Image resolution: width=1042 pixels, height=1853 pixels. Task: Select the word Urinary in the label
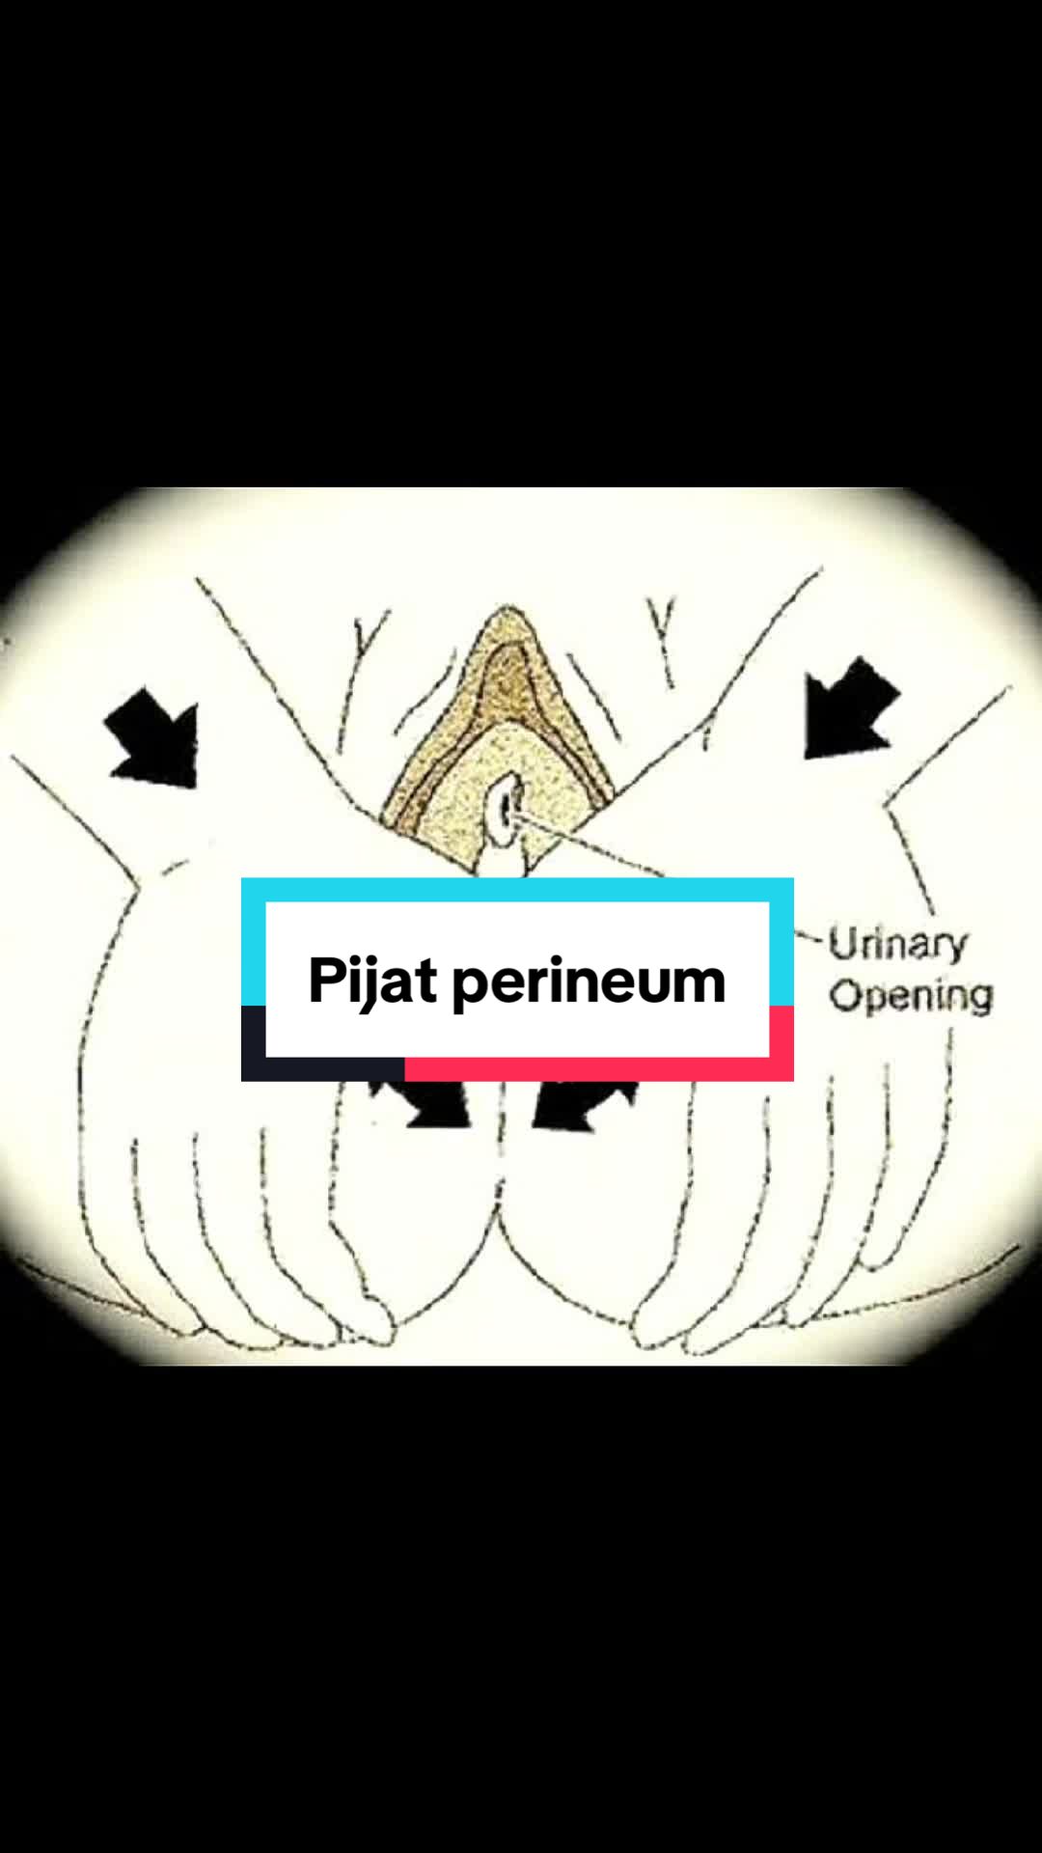click(897, 944)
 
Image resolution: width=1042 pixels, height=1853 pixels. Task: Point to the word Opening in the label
click(911, 996)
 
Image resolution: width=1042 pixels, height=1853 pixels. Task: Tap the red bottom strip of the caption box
click(599, 1068)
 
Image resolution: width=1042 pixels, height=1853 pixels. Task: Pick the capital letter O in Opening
click(846, 994)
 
